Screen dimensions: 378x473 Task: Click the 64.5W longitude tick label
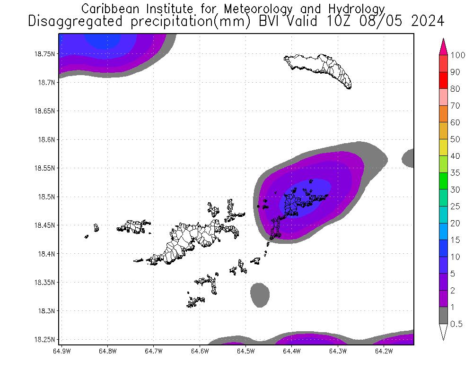pos(245,351)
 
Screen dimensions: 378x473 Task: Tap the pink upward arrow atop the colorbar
pos(443,46)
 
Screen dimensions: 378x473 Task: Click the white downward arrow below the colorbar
pos(443,332)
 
